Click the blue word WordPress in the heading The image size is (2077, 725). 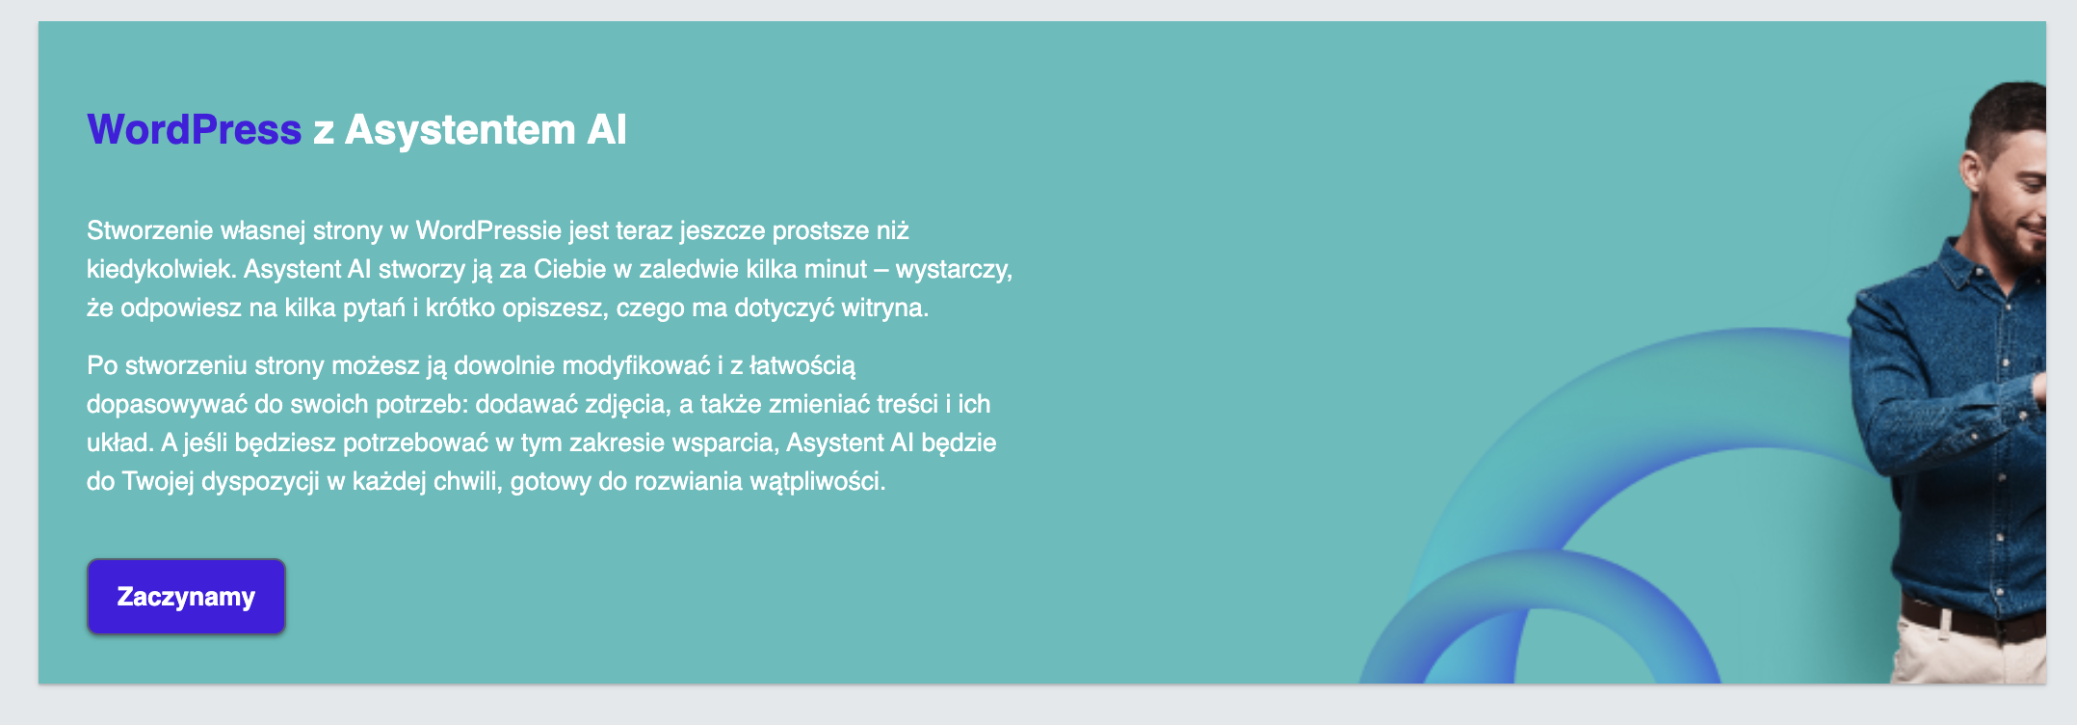pos(195,130)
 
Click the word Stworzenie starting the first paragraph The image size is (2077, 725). pos(149,230)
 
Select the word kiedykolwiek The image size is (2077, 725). pos(161,269)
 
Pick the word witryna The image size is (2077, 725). pos(885,309)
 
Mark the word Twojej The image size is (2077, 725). pos(158,482)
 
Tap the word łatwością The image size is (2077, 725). pos(802,365)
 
